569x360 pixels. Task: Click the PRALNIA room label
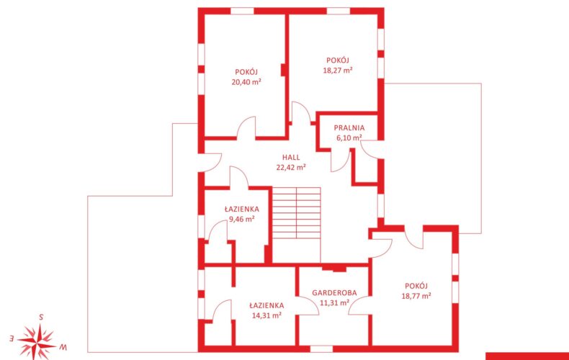click(349, 127)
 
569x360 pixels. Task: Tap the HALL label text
click(291, 157)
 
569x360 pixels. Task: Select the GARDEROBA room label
click(334, 292)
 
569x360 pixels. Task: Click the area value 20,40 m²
click(247, 81)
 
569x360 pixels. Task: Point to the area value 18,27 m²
click(338, 70)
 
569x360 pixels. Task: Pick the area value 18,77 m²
click(416, 296)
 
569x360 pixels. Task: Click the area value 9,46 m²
click(242, 219)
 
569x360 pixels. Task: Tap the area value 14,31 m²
click(266, 315)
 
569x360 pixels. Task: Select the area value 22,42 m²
click(291, 167)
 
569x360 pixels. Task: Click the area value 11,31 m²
click(334, 302)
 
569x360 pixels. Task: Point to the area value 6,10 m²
click(349, 138)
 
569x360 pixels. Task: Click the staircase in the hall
click(297, 213)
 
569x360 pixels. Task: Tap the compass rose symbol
click(37, 341)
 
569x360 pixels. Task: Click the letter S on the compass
click(41, 318)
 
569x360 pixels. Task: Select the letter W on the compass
click(63, 347)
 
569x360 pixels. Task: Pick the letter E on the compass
click(12, 338)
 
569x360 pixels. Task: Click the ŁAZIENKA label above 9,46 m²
click(242, 209)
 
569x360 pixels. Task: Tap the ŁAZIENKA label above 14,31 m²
click(266, 305)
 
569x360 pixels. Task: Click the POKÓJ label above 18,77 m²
click(416, 286)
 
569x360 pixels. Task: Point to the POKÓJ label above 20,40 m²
click(247, 72)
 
